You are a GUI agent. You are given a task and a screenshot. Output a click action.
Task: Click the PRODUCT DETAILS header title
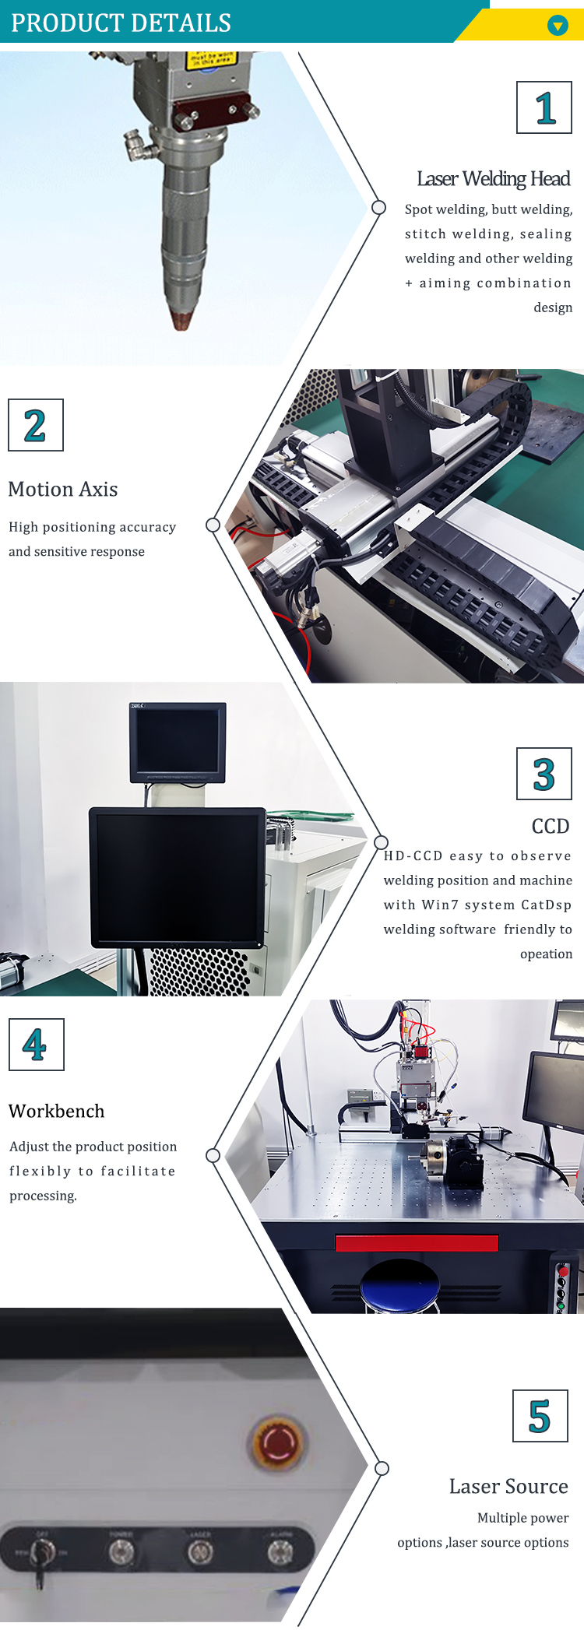click(x=121, y=23)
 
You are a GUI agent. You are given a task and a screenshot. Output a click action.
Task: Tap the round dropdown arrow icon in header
click(x=558, y=26)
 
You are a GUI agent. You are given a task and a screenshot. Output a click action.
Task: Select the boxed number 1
click(x=544, y=107)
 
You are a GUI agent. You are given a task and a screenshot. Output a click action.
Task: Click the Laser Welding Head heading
click(x=493, y=179)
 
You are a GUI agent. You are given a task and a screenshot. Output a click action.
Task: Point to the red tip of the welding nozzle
click(x=181, y=320)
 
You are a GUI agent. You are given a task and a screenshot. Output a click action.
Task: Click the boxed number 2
click(x=35, y=425)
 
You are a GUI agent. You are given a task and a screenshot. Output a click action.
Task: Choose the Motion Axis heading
click(x=63, y=489)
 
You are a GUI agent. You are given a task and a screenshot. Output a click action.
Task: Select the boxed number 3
click(x=544, y=774)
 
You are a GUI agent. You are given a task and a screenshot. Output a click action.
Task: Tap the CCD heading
click(x=550, y=826)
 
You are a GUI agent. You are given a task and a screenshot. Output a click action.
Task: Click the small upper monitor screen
click(x=178, y=740)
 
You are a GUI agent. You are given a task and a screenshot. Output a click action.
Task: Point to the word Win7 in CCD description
click(x=439, y=905)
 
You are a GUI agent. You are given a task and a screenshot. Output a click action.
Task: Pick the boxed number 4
click(x=36, y=1045)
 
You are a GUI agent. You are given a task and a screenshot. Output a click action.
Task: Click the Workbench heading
click(x=56, y=1111)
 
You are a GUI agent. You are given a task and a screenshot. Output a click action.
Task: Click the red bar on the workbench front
click(x=417, y=1242)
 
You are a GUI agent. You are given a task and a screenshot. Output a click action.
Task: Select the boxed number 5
click(x=540, y=1416)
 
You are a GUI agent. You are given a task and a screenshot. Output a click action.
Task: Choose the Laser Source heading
click(x=508, y=1486)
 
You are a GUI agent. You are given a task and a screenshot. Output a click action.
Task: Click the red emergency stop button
click(x=276, y=1442)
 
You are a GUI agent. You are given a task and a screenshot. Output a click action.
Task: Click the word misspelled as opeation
click(x=546, y=954)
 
